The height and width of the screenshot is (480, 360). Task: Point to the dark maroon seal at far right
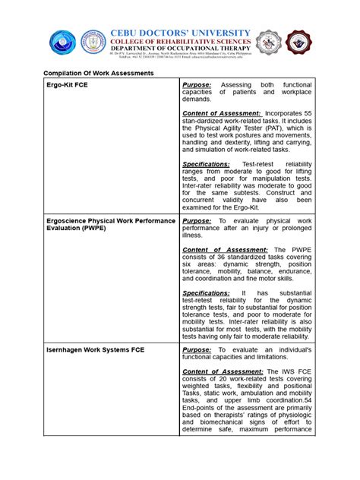point(299,43)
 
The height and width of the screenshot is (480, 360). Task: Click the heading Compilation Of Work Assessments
point(97,72)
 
